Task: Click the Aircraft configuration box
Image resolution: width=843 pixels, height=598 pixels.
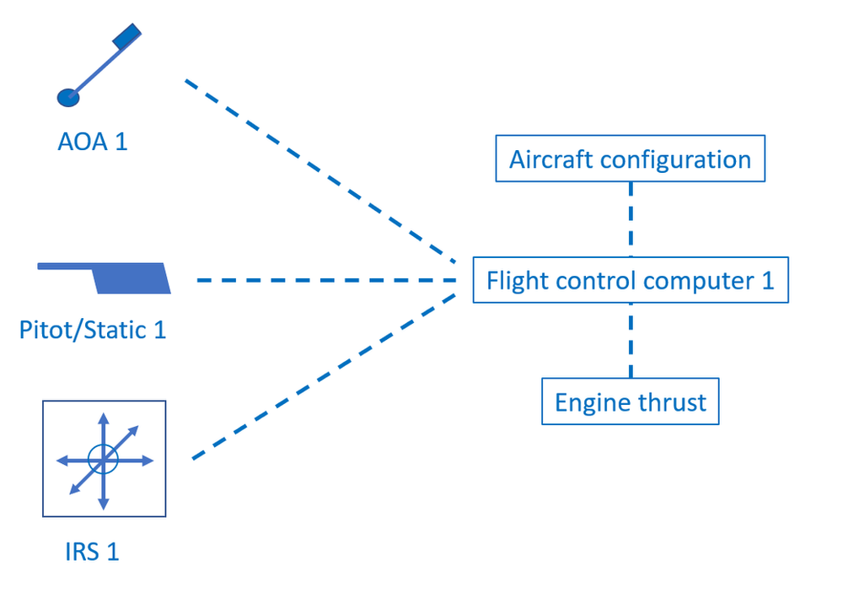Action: (630, 159)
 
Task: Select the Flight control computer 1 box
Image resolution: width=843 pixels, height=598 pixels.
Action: (630, 280)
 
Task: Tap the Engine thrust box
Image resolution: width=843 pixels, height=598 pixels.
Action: (630, 401)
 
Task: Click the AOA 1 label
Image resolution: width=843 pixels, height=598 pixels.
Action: (93, 141)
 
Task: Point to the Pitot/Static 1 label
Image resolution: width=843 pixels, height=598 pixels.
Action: (93, 329)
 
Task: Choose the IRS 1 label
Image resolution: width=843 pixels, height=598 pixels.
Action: (92, 552)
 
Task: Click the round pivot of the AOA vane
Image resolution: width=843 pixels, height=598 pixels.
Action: (67, 96)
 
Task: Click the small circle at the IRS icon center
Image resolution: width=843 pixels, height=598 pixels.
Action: (104, 460)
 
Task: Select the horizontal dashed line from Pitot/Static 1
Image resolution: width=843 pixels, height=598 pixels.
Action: (325, 279)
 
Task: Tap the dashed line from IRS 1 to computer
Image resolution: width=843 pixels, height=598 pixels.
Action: (325, 376)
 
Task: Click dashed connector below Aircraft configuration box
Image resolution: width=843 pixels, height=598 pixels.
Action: (630, 219)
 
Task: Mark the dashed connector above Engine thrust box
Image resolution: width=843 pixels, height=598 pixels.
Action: (630, 341)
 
